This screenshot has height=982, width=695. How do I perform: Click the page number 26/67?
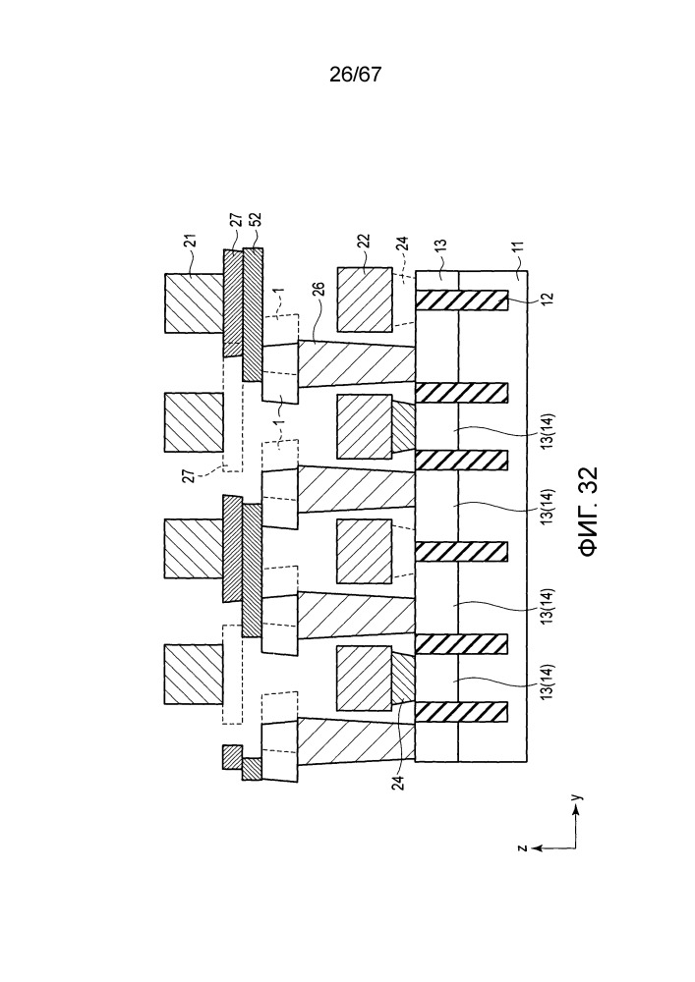coord(355,75)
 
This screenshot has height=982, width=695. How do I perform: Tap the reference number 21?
coord(192,242)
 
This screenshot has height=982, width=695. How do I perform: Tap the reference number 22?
coord(364,243)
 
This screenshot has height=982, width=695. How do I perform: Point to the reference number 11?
coord(518,249)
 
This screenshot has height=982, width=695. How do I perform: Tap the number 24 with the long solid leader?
coord(398,783)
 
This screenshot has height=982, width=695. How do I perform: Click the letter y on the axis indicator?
coord(578,797)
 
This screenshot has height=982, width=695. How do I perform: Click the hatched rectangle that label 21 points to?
coord(195,302)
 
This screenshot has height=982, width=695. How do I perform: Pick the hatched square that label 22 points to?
coord(365,300)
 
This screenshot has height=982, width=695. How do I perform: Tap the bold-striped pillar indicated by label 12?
coord(461,301)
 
